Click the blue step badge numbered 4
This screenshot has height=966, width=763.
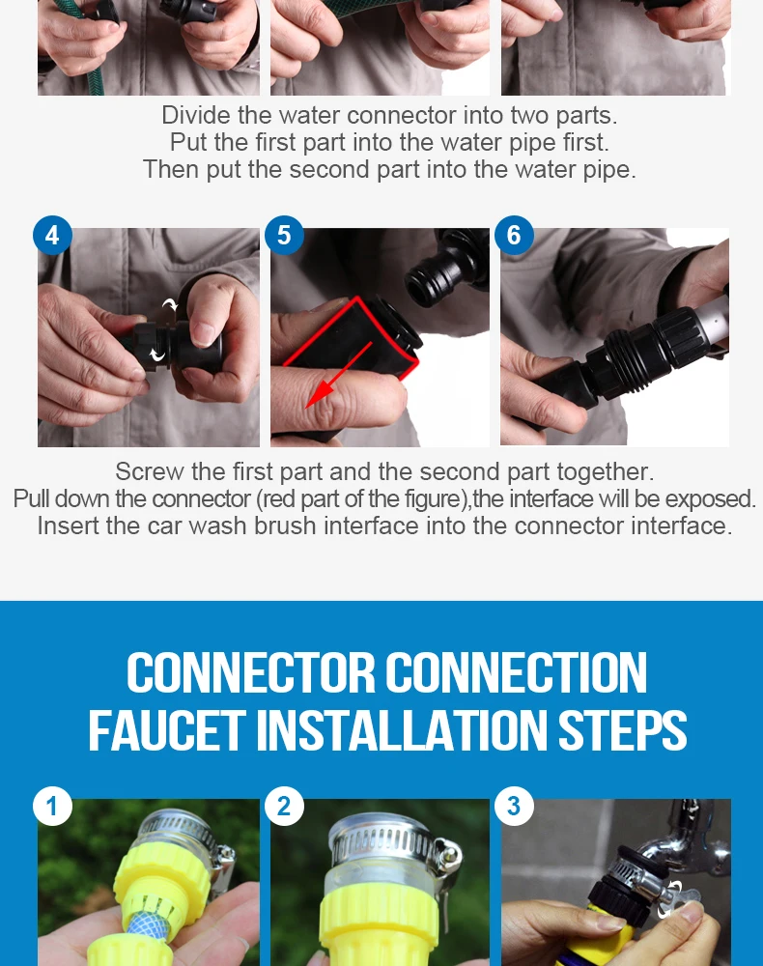(x=52, y=236)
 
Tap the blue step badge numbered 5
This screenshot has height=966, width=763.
(x=284, y=236)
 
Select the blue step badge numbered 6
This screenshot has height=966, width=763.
(x=514, y=236)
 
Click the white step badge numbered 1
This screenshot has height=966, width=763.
(x=52, y=806)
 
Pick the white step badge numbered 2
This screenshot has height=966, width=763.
(x=284, y=806)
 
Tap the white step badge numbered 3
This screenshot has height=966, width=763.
(x=514, y=806)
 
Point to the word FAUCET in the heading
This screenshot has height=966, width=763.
(x=167, y=730)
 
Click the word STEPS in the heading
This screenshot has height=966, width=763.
(x=622, y=730)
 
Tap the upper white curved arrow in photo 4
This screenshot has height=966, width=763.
(x=170, y=304)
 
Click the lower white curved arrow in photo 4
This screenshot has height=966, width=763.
(x=158, y=355)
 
